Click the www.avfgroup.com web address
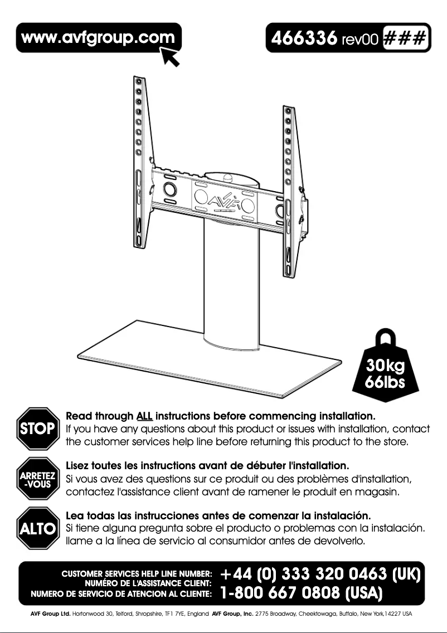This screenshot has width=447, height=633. pos(98,38)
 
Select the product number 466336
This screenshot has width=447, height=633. pos(304,38)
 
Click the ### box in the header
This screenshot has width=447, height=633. pos(406,38)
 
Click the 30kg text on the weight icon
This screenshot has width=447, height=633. pos(385,367)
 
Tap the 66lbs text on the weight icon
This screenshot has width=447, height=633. pos(385,384)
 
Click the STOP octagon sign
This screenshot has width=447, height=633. pos(38,429)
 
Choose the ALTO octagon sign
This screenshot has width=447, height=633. pos(38,528)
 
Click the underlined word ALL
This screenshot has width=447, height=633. pos(144,416)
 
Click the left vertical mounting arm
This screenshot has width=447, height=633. pos(140,167)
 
